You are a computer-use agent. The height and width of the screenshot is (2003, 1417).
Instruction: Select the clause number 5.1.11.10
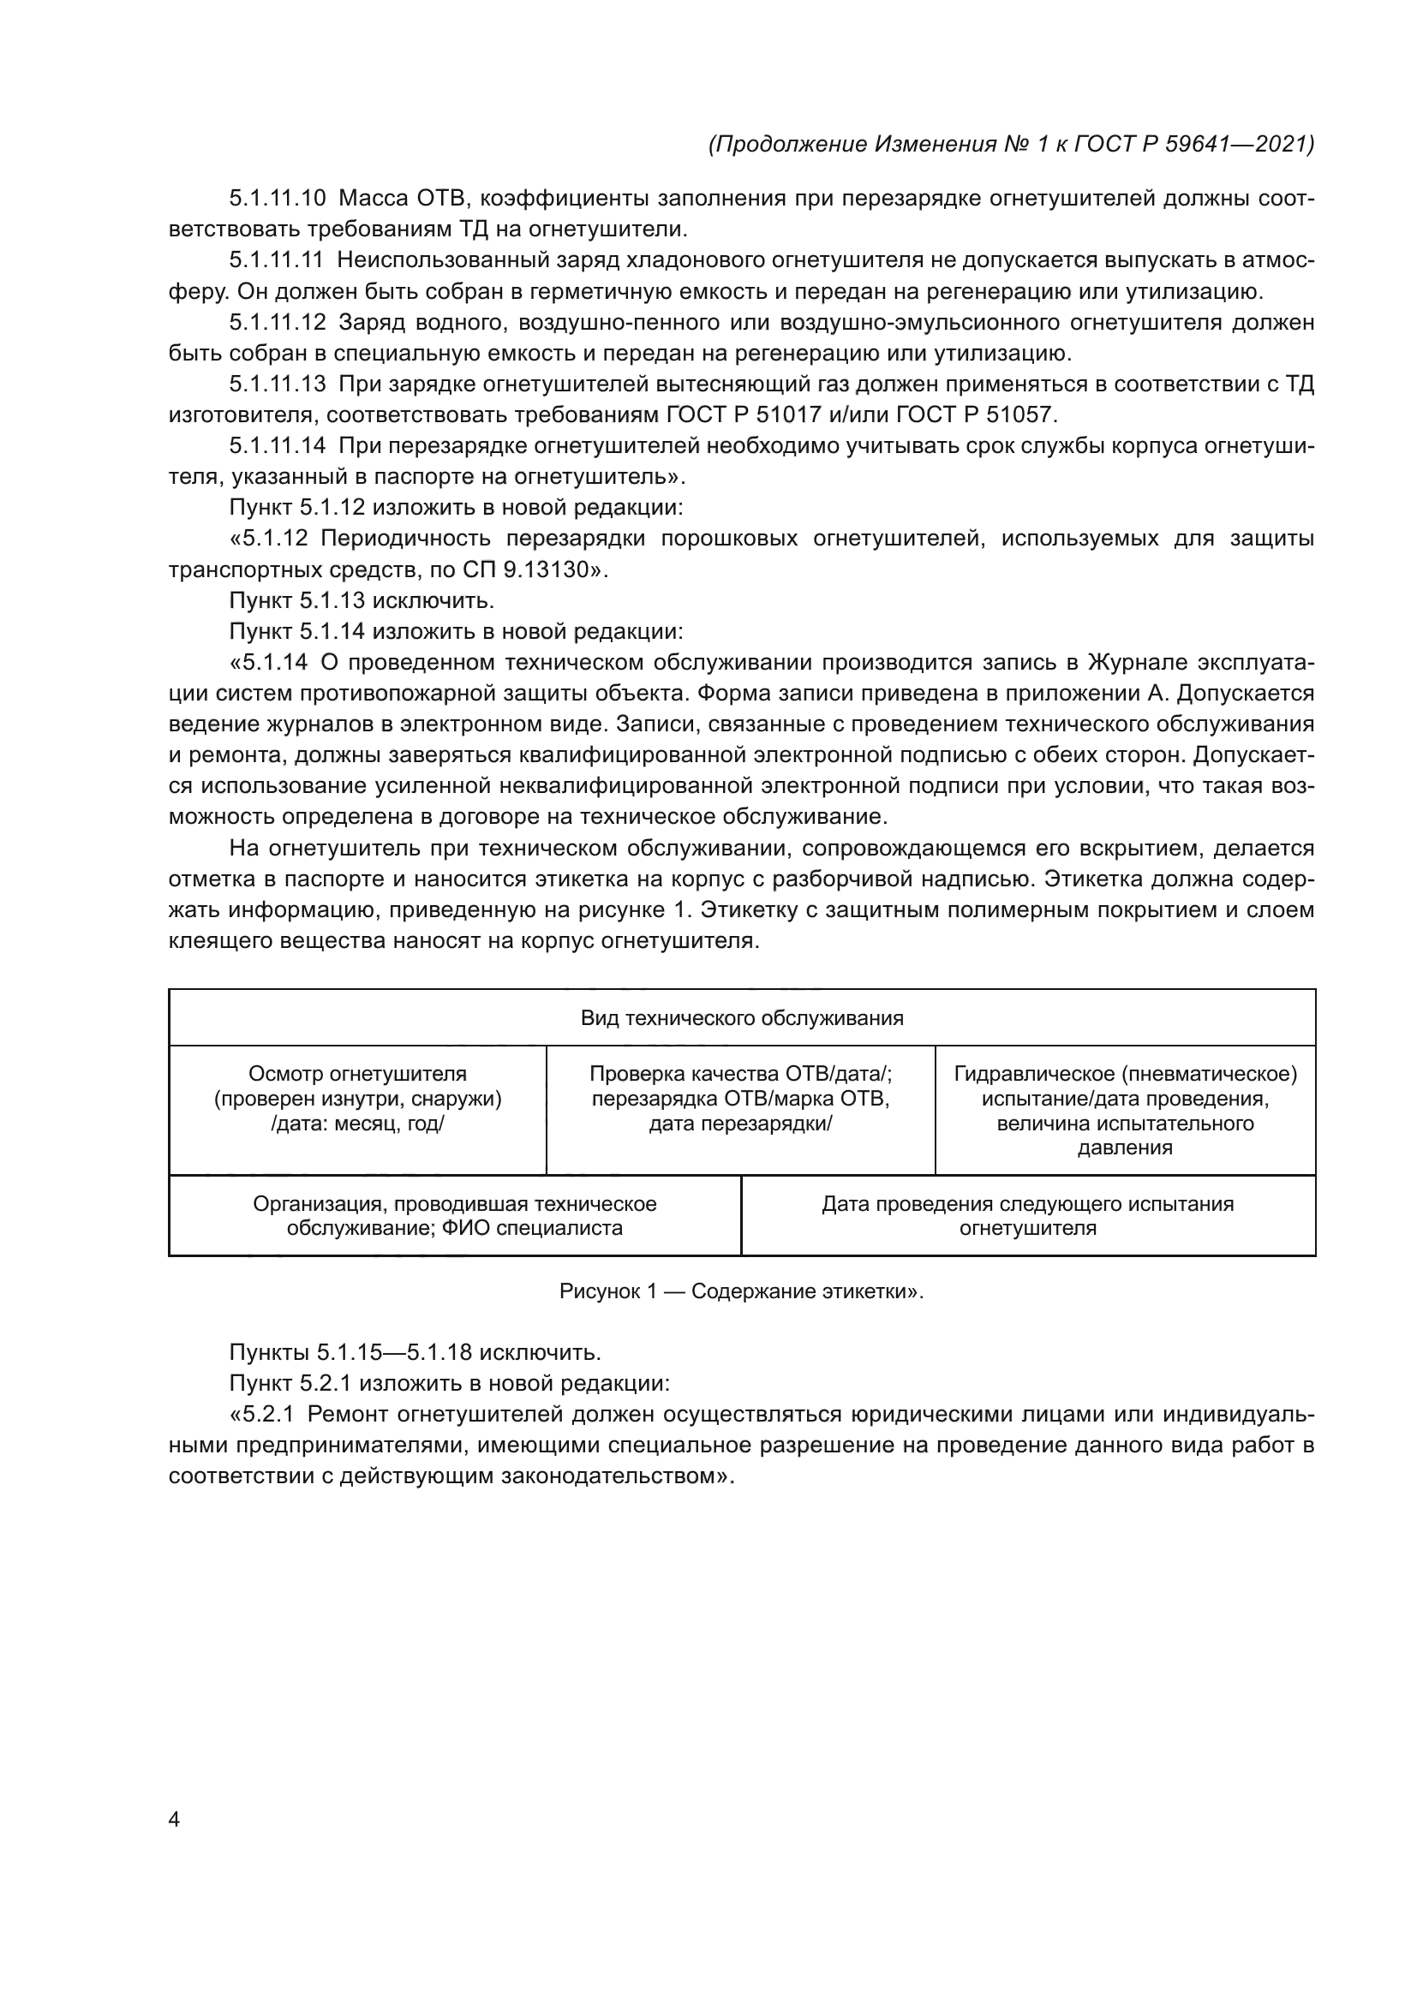[278, 199]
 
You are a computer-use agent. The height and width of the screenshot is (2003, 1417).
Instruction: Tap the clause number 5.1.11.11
[278, 261]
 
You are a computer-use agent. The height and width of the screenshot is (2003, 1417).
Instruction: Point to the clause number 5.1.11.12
[278, 323]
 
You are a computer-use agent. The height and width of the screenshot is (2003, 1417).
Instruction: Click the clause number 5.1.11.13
[278, 385]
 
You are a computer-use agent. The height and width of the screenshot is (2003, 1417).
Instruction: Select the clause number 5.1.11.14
[278, 447]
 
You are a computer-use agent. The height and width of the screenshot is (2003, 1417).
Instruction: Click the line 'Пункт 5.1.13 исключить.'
[362, 601]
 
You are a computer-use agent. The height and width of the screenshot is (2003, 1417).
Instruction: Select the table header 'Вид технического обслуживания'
[742, 1018]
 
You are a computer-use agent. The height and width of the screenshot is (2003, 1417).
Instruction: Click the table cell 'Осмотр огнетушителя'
[358, 1099]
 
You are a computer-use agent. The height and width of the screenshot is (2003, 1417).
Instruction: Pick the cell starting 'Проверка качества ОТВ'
[741, 1099]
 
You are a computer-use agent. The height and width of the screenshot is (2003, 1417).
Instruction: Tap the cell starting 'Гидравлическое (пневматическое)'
[1125, 1110]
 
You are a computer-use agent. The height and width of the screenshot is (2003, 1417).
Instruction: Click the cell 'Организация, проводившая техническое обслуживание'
[455, 1215]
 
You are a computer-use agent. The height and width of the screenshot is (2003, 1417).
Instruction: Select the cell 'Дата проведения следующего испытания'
[1027, 1215]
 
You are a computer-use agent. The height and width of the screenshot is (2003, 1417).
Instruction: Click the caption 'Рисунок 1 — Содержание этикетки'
[741, 1291]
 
